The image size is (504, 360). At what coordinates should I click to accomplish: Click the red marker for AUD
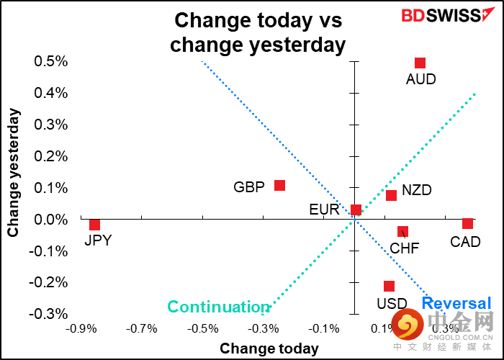tap(420, 63)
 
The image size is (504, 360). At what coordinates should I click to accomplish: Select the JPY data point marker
tap(94, 225)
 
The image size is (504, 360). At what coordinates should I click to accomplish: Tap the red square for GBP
tap(279, 186)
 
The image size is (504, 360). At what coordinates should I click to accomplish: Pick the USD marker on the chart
tap(389, 286)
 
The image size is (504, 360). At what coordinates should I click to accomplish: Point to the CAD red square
tap(467, 224)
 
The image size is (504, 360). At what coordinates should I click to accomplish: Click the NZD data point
tap(391, 195)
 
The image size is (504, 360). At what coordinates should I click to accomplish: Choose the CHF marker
tap(402, 231)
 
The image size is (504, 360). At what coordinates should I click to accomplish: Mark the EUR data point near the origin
tap(356, 210)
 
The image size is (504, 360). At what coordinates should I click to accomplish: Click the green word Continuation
tap(218, 307)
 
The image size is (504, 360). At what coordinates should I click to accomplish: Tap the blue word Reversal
tap(456, 304)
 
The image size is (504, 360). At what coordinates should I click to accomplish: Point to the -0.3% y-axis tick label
tap(49, 315)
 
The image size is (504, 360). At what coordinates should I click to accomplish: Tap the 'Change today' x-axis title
tap(269, 348)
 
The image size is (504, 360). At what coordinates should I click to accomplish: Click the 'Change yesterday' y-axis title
tap(14, 173)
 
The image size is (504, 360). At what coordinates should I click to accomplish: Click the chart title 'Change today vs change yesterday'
tap(258, 32)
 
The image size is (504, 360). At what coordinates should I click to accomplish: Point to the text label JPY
tap(98, 241)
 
